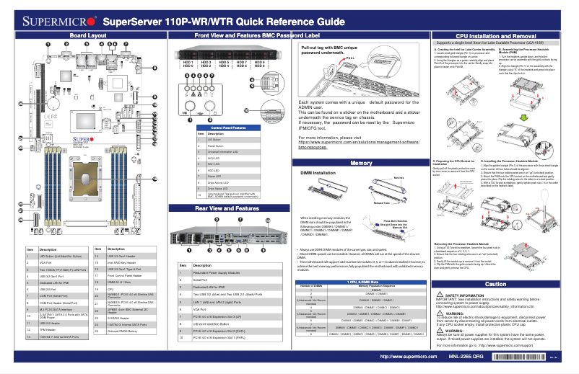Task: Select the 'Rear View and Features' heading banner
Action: (x=227, y=208)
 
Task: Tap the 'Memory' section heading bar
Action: (x=360, y=164)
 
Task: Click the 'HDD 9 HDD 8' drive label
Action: (x=258, y=65)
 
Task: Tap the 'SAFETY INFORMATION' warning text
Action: (x=469, y=296)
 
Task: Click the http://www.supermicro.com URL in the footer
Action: (x=406, y=357)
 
